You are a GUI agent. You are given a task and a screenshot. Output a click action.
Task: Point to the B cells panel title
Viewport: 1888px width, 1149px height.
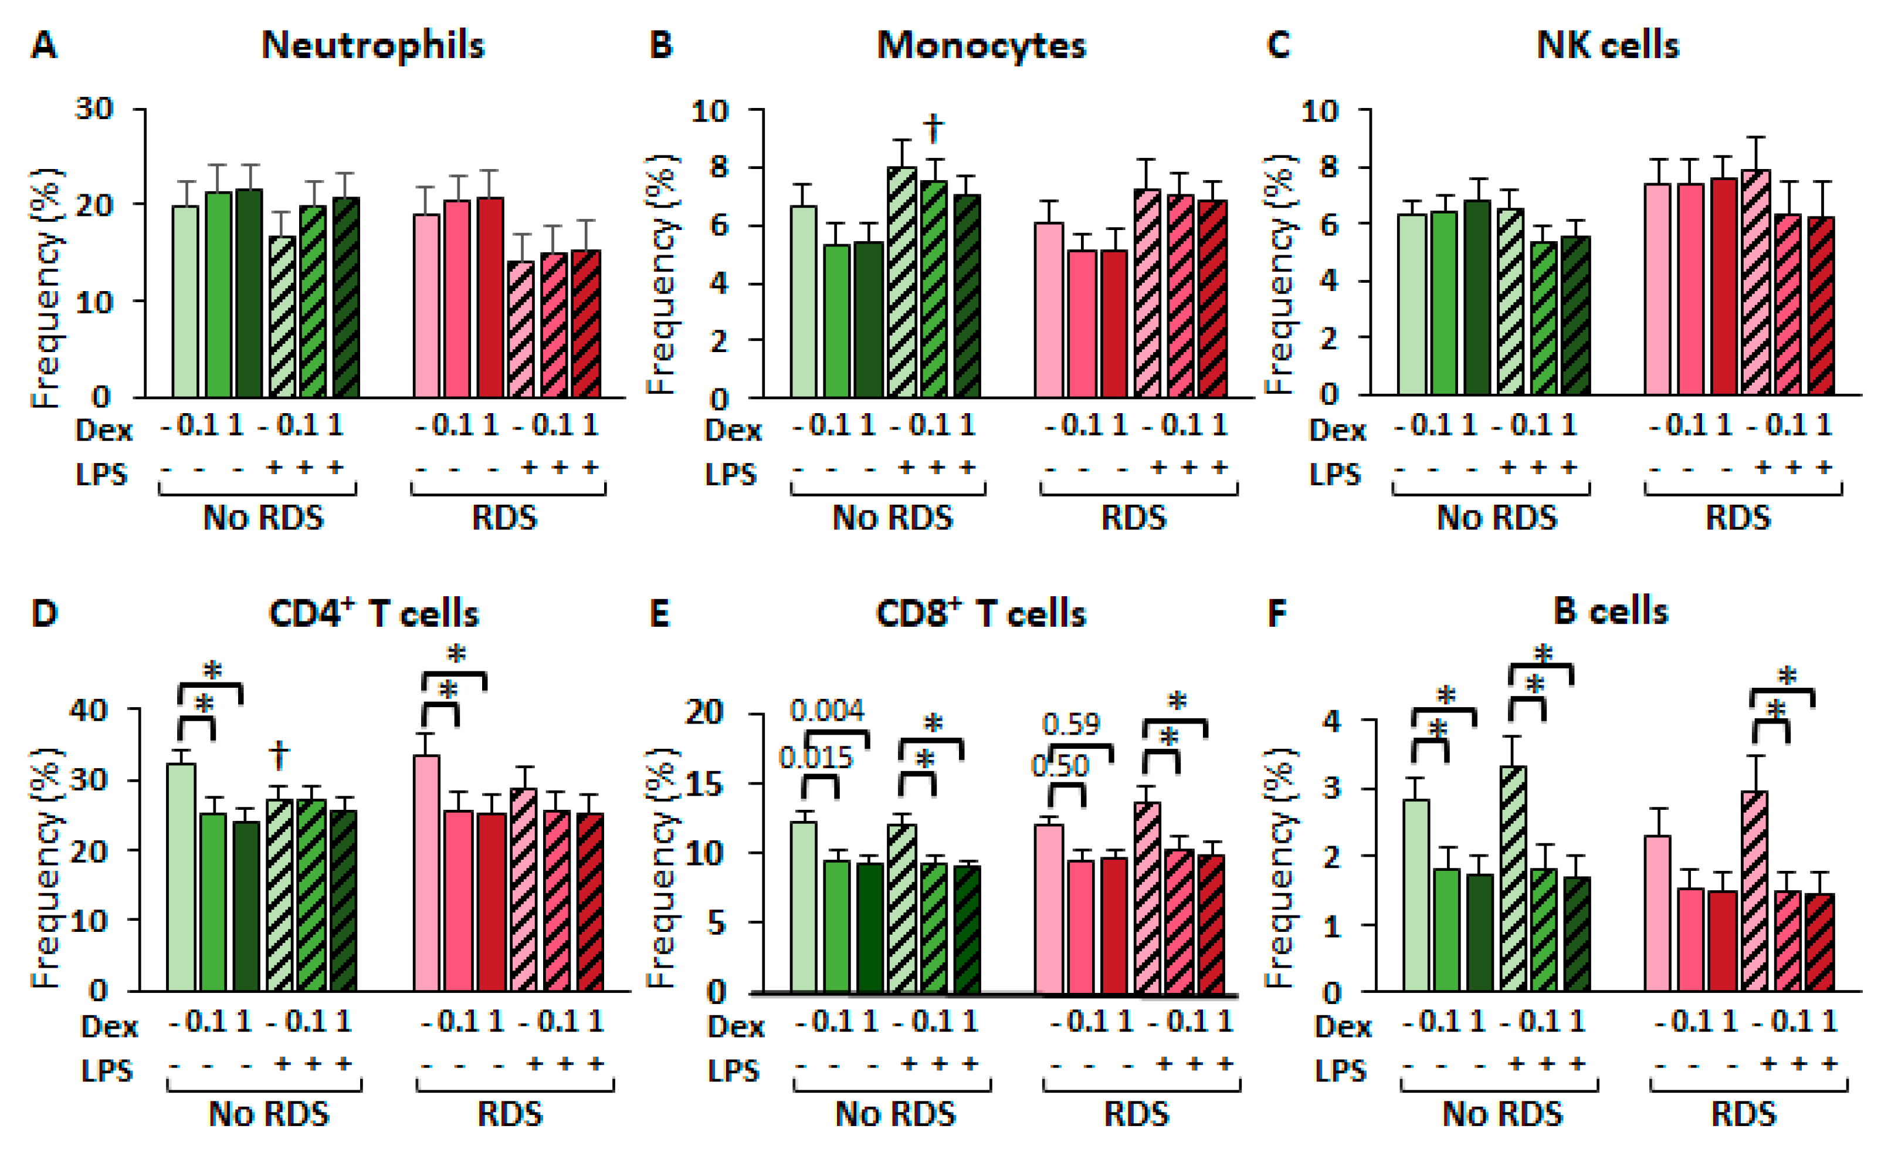(1611, 611)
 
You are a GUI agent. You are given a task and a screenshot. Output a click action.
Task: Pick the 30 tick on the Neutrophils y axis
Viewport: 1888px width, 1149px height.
(94, 109)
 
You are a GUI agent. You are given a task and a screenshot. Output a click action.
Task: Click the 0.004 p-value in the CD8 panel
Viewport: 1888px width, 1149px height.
(827, 711)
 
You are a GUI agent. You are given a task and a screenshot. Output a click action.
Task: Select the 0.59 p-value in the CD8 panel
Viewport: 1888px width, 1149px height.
(1070, 724)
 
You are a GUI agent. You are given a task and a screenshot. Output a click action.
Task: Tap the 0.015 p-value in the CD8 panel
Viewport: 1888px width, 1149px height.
(815, 758)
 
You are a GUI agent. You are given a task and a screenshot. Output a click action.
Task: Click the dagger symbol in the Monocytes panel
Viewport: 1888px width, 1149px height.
(933, 127)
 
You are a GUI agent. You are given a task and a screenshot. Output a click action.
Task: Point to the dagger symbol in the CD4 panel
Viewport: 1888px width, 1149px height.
(280, 755)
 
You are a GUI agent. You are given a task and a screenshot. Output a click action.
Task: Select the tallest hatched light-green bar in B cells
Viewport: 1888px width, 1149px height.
(1513, 878)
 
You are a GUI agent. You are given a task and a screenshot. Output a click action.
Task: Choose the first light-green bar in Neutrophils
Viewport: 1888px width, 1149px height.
(185, 300)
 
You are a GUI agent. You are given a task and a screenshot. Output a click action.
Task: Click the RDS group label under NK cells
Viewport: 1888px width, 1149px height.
(1738, 518)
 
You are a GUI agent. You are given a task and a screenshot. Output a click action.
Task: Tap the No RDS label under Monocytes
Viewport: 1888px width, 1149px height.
(892, 518)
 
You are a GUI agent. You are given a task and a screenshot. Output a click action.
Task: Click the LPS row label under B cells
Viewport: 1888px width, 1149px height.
(1340, 1070)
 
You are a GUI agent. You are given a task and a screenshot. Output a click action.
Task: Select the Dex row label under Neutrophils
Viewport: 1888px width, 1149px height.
(103, 430)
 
